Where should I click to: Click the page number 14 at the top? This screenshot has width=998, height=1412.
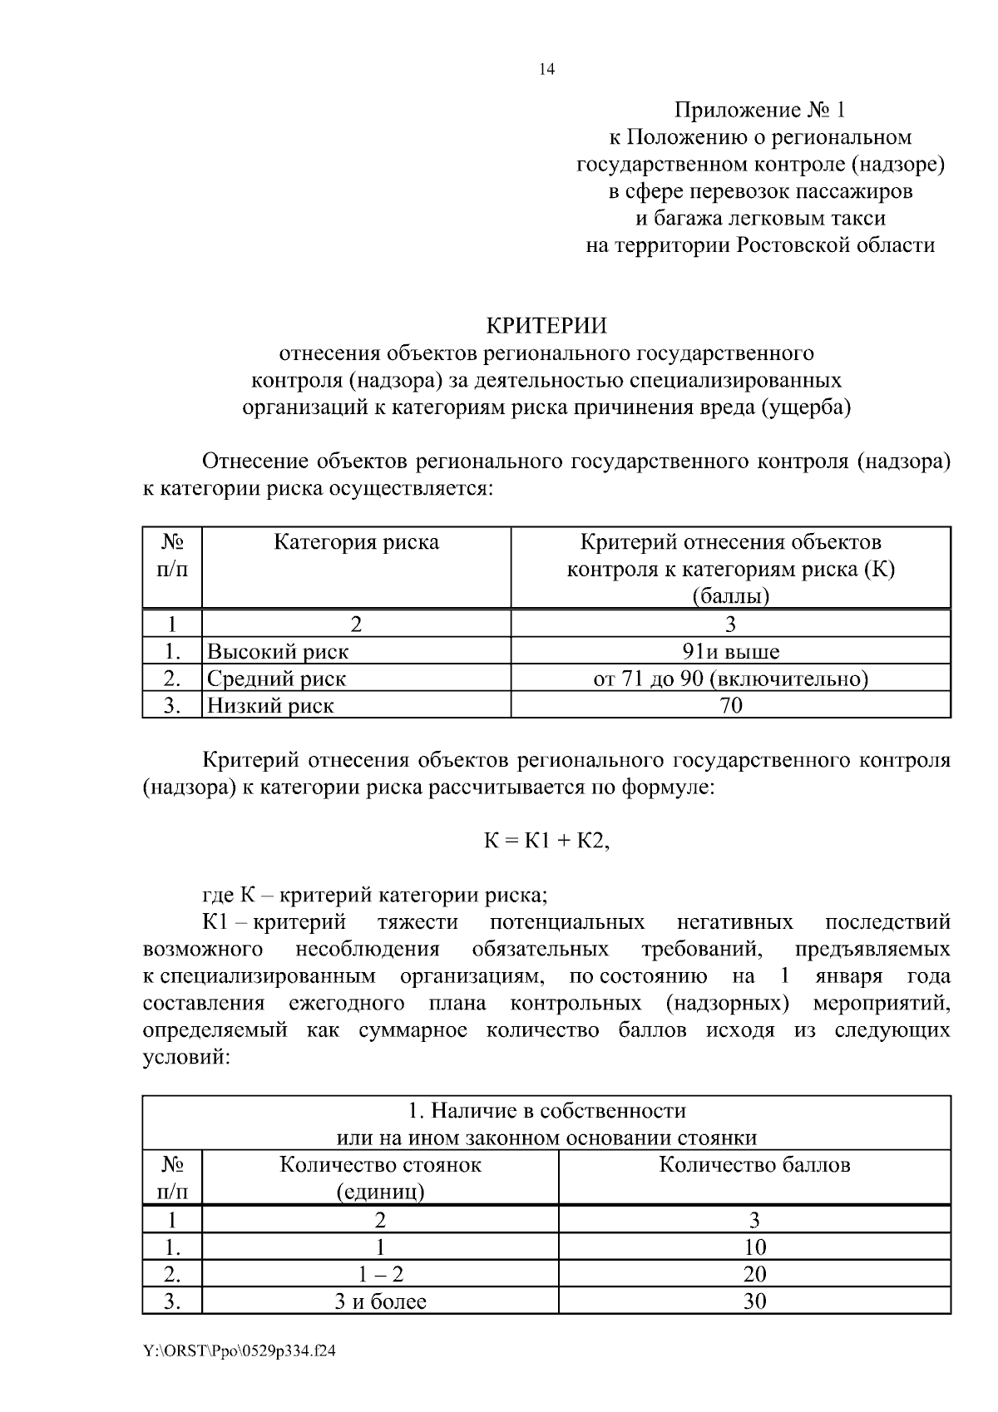click(546, 70)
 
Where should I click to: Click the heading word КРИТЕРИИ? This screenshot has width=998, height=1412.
click(546, 325)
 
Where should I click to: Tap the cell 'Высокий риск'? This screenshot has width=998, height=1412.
click(278, 651)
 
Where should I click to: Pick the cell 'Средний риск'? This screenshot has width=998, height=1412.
click(276, 679)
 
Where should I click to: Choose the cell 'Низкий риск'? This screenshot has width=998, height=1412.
click(270, 706)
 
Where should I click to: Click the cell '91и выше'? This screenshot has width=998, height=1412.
click(730, 651)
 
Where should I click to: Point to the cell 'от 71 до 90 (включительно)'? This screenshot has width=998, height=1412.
click(730, 679)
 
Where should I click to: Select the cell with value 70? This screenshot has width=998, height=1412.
click(730, 706)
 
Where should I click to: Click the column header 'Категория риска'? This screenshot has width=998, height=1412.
click(356, 543)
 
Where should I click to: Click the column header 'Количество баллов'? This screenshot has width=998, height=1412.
click(754, 1164)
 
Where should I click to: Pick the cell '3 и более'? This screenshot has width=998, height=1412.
click(380, 1301)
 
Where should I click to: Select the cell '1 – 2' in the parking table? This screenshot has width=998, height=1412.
click(380, 1274)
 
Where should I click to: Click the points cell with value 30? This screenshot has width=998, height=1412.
click(754, 1301)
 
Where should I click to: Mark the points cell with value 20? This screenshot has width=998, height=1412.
click(754, 1274)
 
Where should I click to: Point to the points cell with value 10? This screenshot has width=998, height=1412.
click(754, 1247)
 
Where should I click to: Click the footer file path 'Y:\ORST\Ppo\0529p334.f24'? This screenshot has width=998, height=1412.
click(240, 1352)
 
